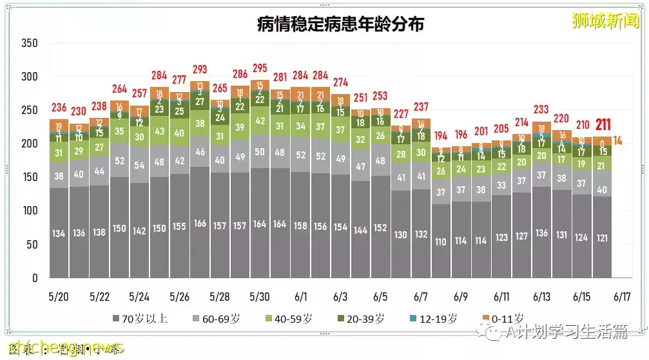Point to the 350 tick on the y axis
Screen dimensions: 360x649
[30, 43]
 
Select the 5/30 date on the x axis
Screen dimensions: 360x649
[259, 297]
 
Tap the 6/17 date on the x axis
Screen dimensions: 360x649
[621, 297]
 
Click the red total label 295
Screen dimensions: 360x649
[260, 68]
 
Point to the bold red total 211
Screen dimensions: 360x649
[603, 124]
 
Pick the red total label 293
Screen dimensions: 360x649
[199, 69]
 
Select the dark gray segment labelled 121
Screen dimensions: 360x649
[602, 237]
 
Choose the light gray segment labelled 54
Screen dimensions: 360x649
[139, 165]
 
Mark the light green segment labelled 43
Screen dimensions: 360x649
[159, 130]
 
